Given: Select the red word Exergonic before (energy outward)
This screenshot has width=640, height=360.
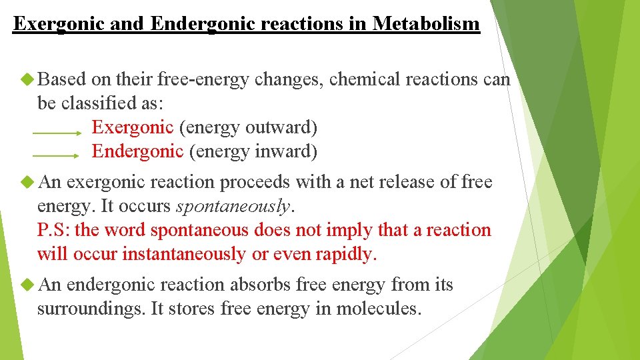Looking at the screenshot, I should click(132, 127).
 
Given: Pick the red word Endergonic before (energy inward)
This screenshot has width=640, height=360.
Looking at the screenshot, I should click(137, 151).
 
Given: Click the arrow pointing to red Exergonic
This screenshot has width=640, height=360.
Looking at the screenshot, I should click(56, 133).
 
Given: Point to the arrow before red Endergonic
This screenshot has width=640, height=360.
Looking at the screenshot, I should click(56, 156).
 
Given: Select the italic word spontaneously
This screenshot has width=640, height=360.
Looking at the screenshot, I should click(233, 207).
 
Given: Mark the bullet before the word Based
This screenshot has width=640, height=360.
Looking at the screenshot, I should click(27, 80).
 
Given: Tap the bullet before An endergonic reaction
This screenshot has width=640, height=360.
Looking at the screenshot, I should click(27, 285).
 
